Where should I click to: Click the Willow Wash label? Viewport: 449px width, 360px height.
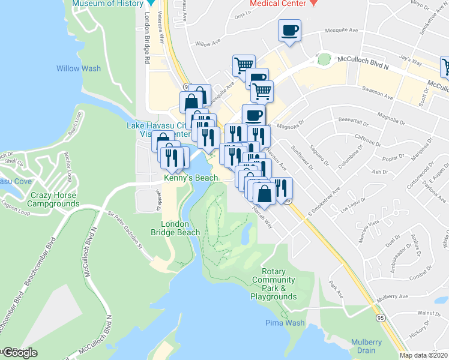pos(79,68)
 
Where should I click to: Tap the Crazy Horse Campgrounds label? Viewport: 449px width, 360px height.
pos(55,200)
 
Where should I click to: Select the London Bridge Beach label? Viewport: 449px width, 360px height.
pos(180,228)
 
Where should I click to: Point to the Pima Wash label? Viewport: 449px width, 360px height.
pos(285,323)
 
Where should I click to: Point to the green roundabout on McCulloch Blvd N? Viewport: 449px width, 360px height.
pos(324,59)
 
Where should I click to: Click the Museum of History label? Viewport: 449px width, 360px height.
pos(107,3)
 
